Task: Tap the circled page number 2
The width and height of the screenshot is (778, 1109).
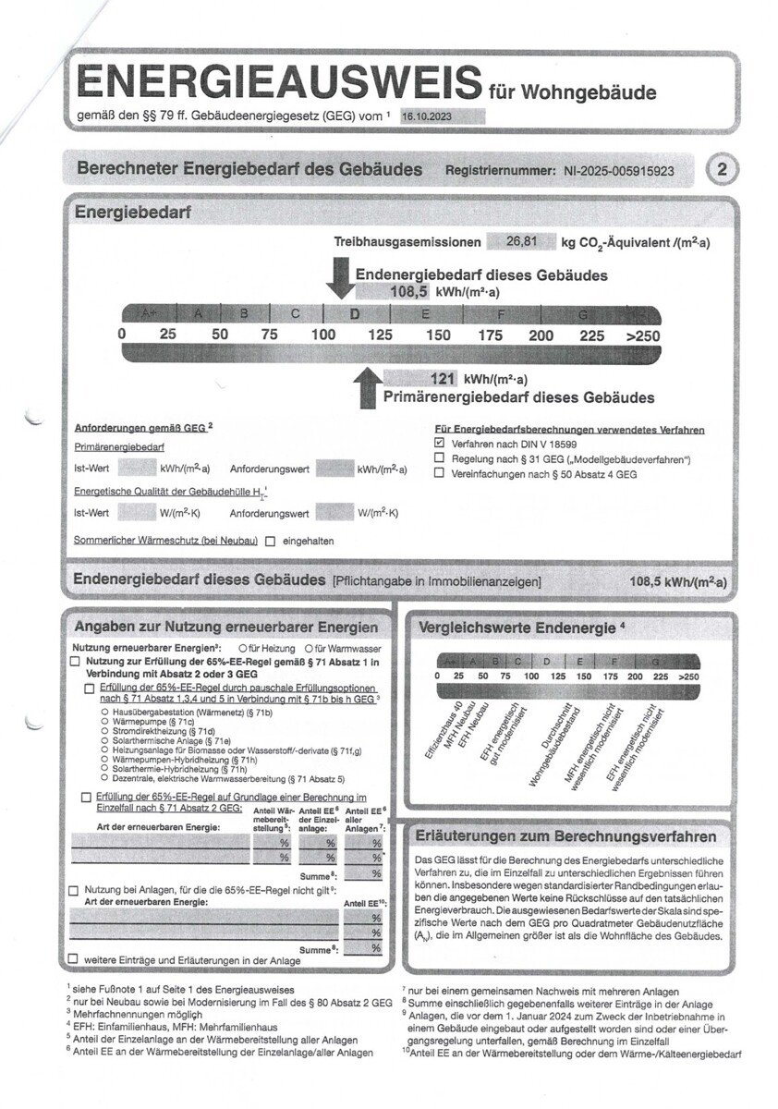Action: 721,170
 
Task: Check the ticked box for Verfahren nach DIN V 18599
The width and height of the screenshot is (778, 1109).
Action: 440,444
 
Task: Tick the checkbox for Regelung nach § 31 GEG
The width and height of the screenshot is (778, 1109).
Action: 440,459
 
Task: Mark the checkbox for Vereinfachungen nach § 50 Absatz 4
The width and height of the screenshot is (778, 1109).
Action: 440,474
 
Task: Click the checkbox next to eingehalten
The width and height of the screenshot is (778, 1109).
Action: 271,541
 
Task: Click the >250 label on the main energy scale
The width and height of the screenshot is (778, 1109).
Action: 643,335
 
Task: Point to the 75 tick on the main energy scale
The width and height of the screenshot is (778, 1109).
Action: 269,335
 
